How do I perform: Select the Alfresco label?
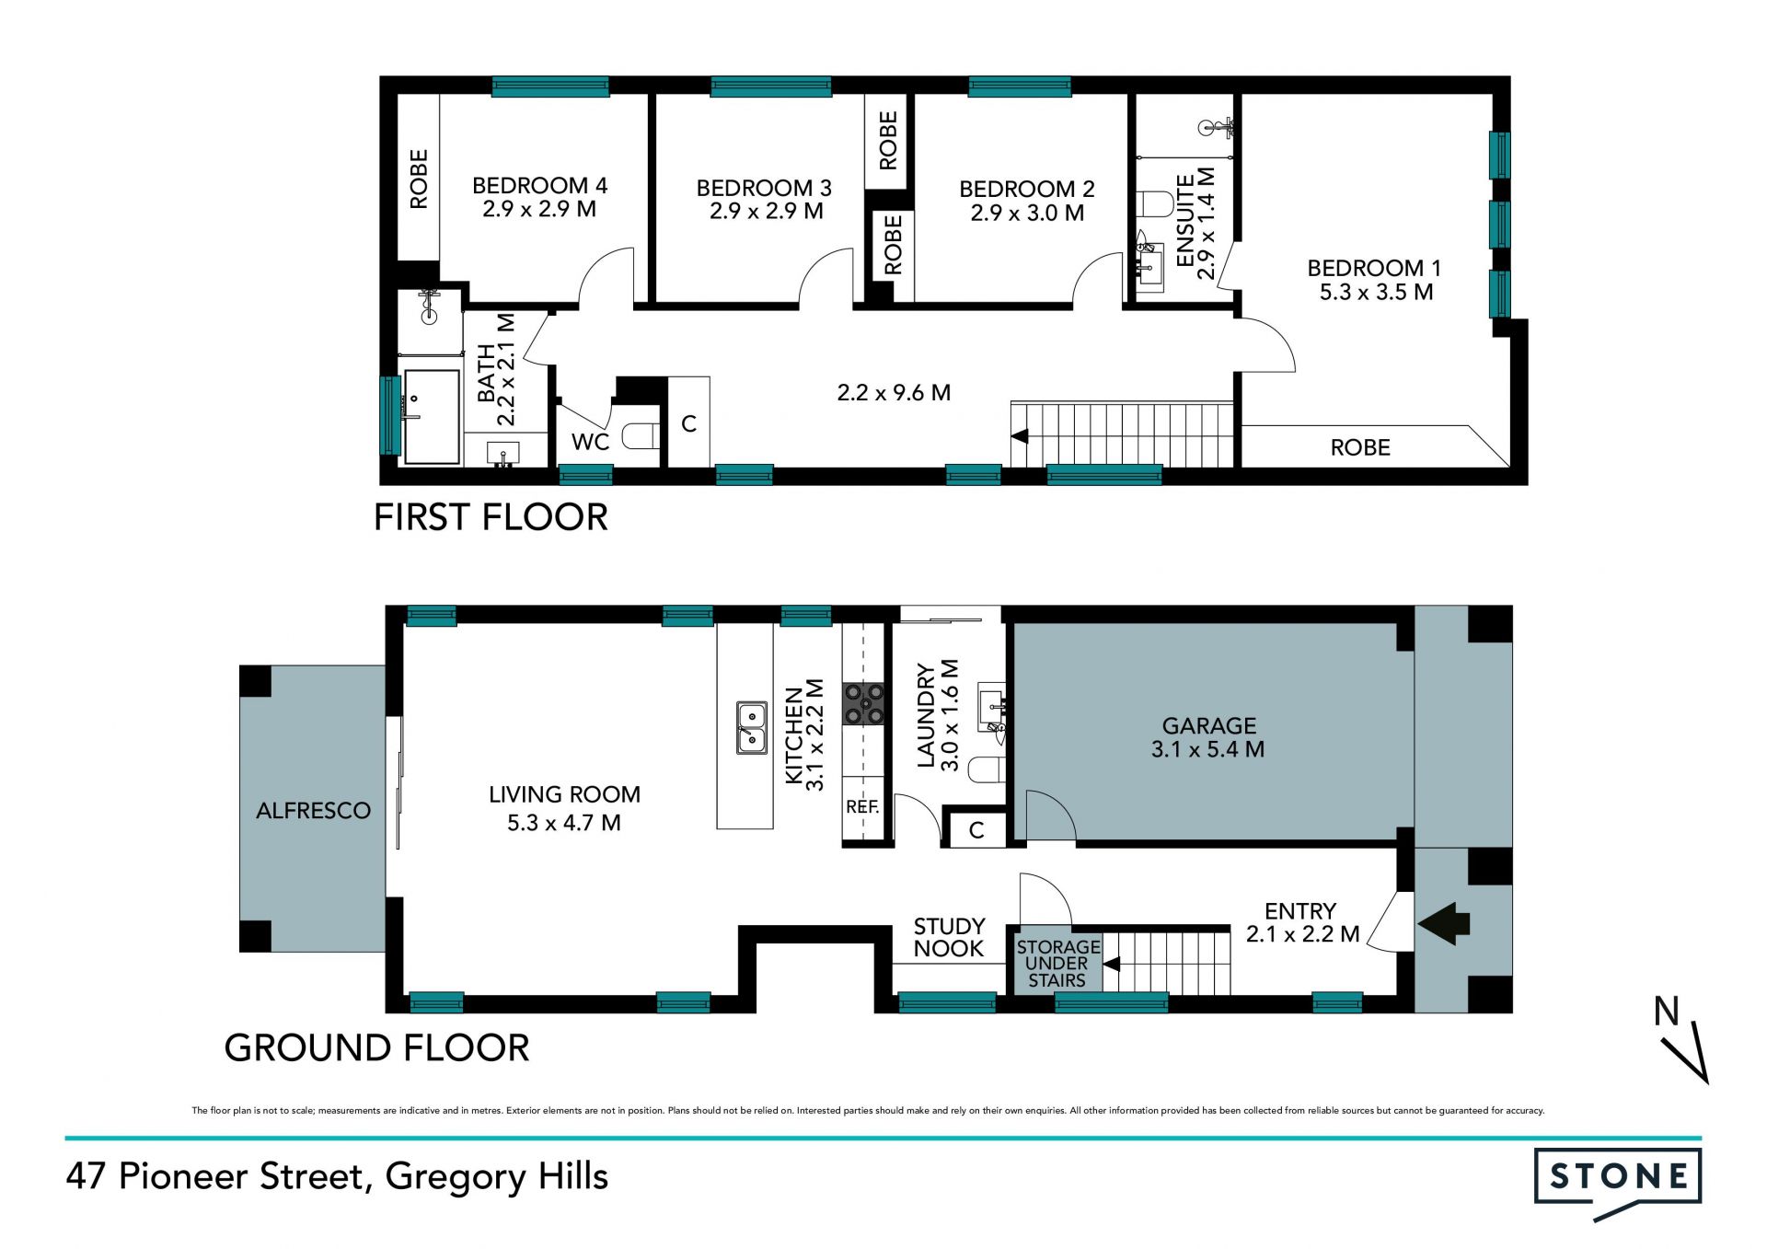click(313, 811)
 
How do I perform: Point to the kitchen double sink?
click(752, 728)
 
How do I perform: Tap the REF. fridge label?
click(862, 807)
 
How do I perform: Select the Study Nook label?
click(949, 938)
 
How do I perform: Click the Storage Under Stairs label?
click(1057, 964)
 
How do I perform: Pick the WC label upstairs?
click(590, 443)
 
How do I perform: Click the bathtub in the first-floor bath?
click(433, 417)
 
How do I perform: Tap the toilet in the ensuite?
click(1154, 203)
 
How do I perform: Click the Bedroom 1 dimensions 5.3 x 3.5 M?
click(1376, 293)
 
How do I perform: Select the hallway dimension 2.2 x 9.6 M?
click(894, 393)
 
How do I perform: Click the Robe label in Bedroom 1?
click(1360, 448)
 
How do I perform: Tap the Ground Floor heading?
click(377, 1048)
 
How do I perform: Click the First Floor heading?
click(491, 517)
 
